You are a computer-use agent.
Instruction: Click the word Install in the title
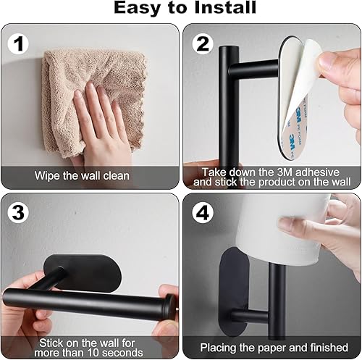[225, 7]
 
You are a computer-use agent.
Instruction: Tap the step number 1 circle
[18, 44]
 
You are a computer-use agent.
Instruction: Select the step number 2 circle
[203, 44]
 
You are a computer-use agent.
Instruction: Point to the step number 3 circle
[18, 212]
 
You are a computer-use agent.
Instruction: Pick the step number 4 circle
[203, 212]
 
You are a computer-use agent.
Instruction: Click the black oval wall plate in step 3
[83, 273]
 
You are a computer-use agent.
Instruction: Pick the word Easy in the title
[136, 7]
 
